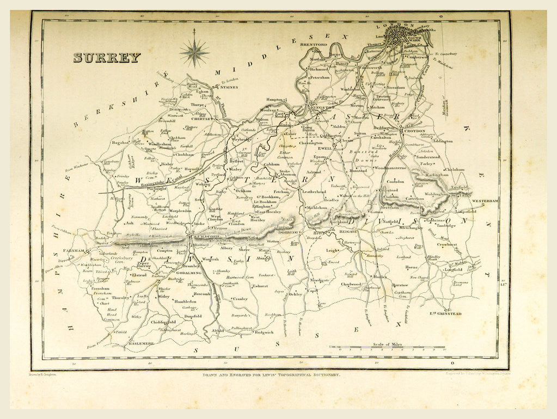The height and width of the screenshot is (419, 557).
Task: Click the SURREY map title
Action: [107, 58]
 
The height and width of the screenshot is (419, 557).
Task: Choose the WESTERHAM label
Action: [485, 201]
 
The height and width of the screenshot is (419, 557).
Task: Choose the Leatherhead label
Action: [314, 192]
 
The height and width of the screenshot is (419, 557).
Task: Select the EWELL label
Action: [325, 147]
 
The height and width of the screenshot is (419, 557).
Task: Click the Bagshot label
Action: [119, 142]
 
